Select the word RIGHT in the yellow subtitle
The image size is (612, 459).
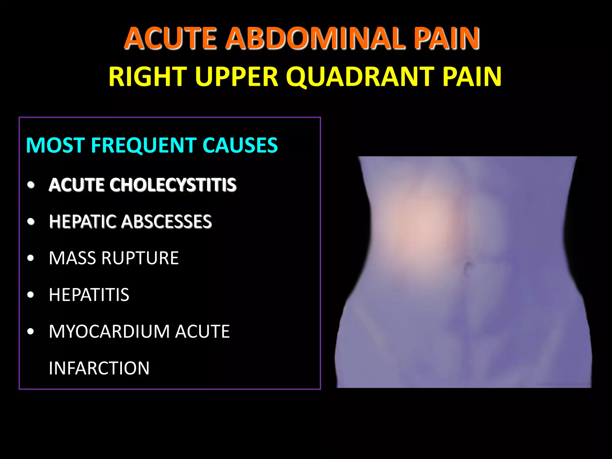click(148, 77)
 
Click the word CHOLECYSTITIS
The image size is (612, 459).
click(173, 185)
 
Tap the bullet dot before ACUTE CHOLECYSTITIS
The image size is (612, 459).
click(31, 185)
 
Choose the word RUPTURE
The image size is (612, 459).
click(140, 258)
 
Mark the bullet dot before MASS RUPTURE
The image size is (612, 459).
click(31, 258)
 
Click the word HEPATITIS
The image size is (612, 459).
click(89, 295)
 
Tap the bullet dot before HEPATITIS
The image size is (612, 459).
click(31, 295)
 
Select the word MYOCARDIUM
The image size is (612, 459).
click(109, 332)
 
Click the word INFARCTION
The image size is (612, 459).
click(99, 368)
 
